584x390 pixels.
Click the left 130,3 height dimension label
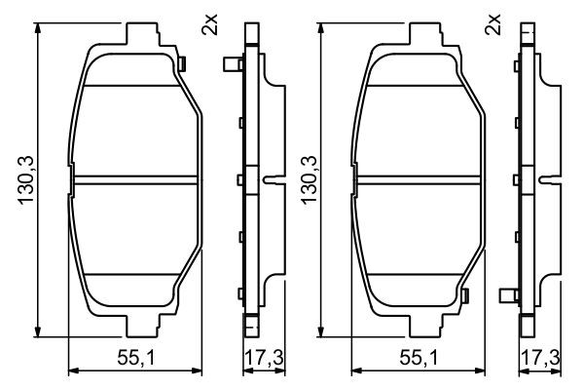click(26, 180)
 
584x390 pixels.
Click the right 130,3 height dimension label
click(310, 180)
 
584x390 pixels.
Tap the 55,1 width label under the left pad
click(135, 358)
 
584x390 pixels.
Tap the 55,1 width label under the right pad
click(419, 358)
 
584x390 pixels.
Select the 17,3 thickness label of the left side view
click(264, 358)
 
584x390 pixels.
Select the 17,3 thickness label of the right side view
click(540, 358)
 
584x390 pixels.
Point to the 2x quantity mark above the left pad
click(209, 24)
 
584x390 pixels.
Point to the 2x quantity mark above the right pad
click(493, 24)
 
